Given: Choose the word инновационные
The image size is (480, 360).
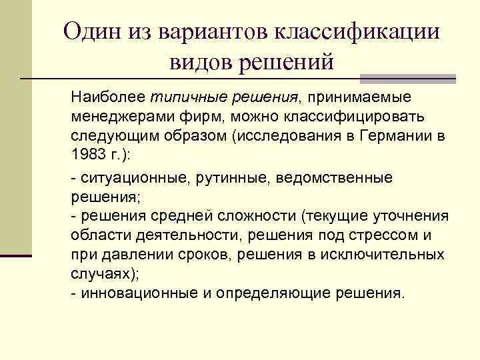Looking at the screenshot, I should pos(138,293).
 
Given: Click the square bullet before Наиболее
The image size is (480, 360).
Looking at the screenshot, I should pos(58,97).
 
